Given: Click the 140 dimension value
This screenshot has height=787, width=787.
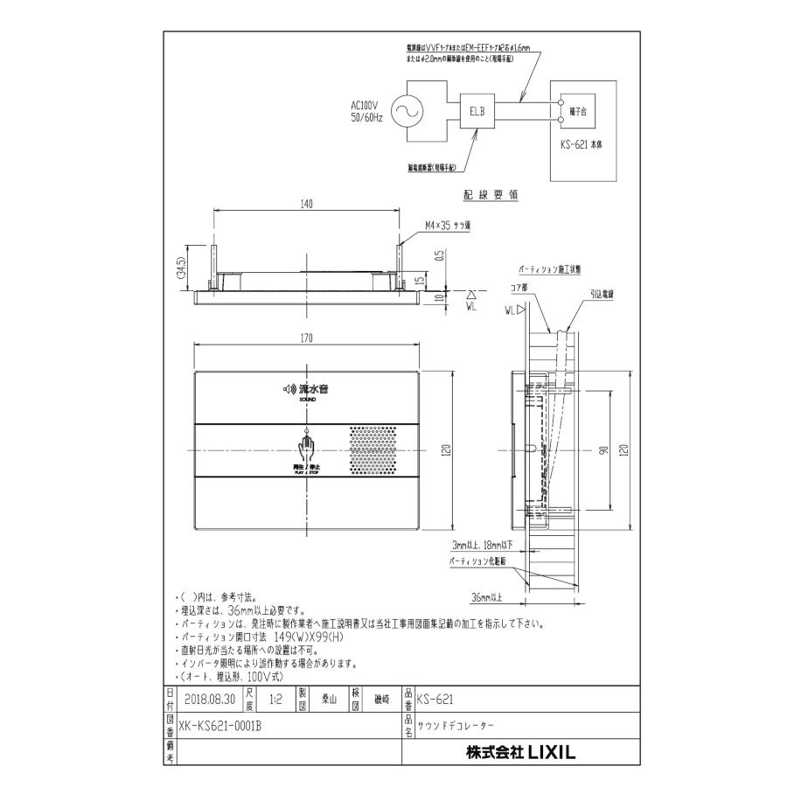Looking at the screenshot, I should (x=305, y=203).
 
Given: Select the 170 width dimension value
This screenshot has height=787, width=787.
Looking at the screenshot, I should (x=305, y=338).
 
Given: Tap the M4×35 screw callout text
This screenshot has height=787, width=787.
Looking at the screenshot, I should (x=446, y=225).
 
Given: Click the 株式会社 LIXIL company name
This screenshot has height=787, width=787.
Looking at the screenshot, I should (x=522, y=750).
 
